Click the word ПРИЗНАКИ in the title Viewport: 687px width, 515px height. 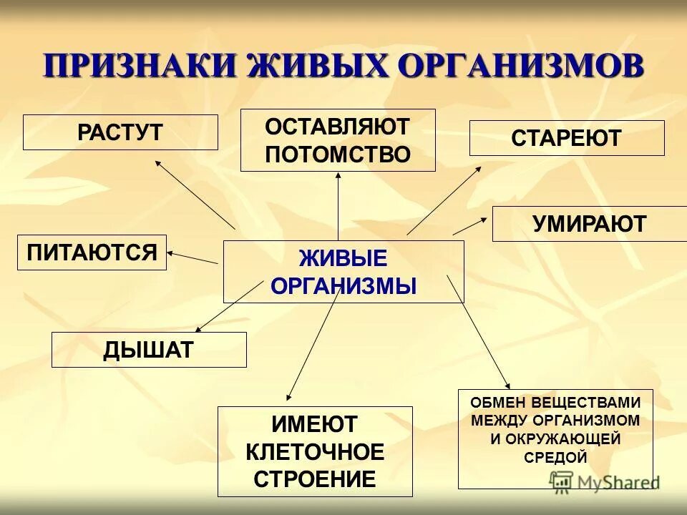[x=140, y=67]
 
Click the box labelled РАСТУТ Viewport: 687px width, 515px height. [x=120, y=132]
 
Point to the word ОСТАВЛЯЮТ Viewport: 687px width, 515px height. [x=338, y=127]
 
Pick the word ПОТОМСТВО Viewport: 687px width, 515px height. [x=338, y=154]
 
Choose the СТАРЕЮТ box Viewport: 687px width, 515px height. [x=567, y=138]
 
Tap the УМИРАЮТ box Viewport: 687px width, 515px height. [x=589, y=224]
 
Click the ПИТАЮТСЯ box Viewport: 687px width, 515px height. [x=92, y=252]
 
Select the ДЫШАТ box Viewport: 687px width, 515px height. [x=149, y=350]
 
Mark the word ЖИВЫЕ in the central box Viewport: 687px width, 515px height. [x=343, y=258]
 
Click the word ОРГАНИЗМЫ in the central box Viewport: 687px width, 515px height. [x=343, y=286]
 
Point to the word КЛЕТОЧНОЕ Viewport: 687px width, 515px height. [x=315, y=452]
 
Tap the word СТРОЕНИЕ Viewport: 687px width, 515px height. [x=315, y=479]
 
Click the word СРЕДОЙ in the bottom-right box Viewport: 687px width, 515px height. [x=555, y=457]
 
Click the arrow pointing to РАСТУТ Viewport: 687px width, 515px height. [x=195, y=194]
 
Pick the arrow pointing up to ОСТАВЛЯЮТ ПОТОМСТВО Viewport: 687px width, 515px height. [x=338, y=207]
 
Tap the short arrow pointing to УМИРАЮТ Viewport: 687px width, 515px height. [x=469, y=225]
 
